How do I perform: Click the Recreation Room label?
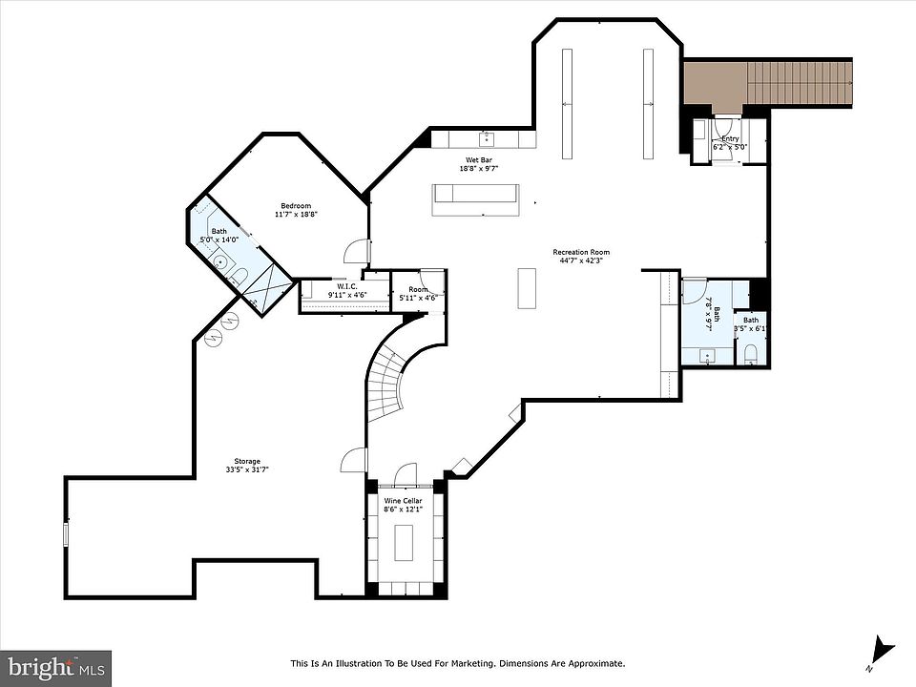point(581,252)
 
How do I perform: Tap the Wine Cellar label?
point(403,501)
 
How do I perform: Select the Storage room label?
point(247,462)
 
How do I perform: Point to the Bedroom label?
point(296,206)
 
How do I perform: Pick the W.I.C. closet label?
point(346,287)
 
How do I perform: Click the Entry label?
point(730,139)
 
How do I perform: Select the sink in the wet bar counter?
point(486,139)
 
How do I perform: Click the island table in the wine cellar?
point(403,543)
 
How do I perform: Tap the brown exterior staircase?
point(767,82)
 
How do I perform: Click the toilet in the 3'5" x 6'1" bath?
point(751,354)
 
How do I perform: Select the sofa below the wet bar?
point(475,199)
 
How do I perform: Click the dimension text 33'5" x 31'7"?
point(247,469)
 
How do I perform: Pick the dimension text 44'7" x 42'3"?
point(581,260)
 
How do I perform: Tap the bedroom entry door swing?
point(356,251)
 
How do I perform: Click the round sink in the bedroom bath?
point(220,261)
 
